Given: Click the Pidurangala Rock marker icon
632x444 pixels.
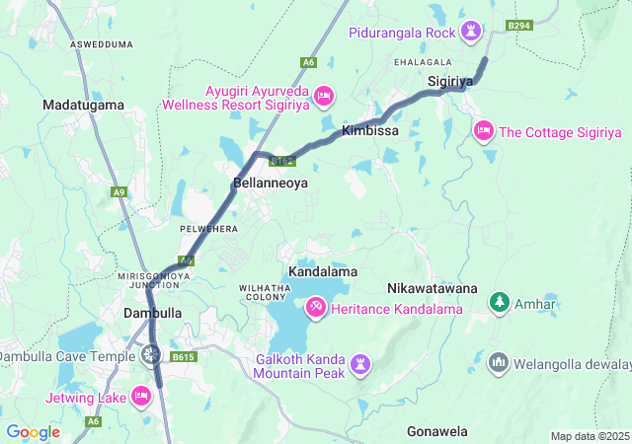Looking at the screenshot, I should click(x=472, y=33).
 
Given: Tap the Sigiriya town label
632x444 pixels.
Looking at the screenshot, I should click(x=452, y=80).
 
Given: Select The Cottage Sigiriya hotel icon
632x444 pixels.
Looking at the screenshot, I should click(x=483, y=130).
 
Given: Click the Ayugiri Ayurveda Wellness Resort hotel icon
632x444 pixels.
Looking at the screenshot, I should click(x=324, y=96).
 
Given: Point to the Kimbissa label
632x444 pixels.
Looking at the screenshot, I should click(x=369, y=130).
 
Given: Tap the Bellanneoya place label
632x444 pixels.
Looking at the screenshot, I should click(x=271, y=183).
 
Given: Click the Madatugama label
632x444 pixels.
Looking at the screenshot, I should click(x=83, y=104).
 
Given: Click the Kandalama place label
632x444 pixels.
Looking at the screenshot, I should click(x=322, y=270).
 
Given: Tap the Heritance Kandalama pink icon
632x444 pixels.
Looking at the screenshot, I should click(x=316, y=308).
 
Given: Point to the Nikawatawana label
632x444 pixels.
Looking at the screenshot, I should click(x=432, y=288).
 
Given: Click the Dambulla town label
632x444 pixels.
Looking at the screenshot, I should click(x=152, y=313).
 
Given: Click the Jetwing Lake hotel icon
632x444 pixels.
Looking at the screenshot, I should click(x=141, y=397).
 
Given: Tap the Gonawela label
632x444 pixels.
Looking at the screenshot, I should click(x=436, y=431).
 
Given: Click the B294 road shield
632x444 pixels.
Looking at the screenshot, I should click(x=518, y=25).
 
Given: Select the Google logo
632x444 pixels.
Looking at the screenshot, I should click(x=33, y=432).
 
